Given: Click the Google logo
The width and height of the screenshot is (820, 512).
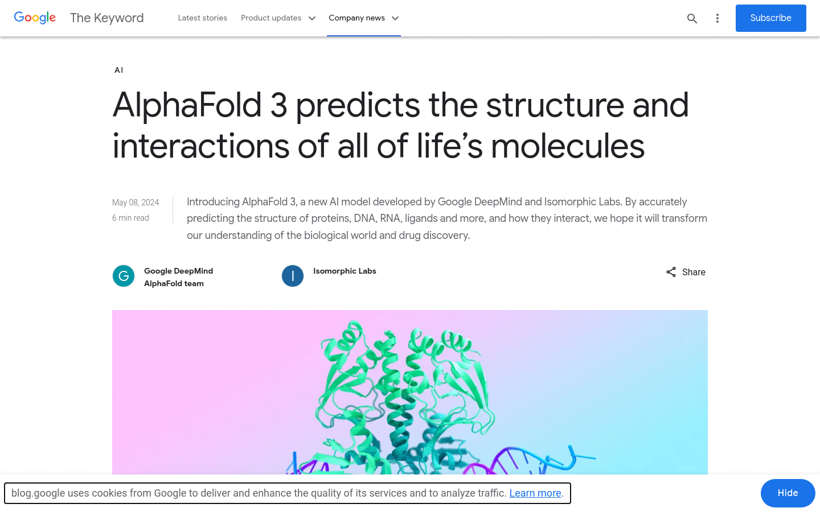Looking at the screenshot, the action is pos(35,18).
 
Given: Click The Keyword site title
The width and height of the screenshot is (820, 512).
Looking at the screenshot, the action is pos(107,18).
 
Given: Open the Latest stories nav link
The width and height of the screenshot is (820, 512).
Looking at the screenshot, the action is pos(203,18).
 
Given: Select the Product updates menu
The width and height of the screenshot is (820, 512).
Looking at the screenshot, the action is pos(278,18).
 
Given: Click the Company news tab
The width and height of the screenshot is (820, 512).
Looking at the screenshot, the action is pos(363,18).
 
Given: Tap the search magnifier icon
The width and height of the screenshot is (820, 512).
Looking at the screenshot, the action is pos(692,18).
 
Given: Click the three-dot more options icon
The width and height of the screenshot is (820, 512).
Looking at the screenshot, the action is pos(717,18).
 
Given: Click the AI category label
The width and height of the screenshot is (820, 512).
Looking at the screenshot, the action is pos(118,70).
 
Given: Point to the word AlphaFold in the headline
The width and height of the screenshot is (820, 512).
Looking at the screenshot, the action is pos(187,106).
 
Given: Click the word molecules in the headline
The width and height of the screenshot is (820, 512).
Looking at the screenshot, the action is pos(567,146).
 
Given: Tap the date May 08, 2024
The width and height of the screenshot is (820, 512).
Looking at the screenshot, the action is pos(136,203).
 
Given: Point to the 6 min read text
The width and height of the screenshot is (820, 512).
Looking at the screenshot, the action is pos(130,217).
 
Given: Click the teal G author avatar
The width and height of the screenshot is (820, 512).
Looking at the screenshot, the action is pos(124,276).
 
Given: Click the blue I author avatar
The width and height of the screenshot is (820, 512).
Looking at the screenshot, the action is pos(293,276).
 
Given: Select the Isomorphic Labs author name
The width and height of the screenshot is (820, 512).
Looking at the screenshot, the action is pos(345,271).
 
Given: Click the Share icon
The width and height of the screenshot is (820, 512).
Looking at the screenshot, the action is pos(671,272).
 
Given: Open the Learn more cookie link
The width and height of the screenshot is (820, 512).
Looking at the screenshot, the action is pos(535,493).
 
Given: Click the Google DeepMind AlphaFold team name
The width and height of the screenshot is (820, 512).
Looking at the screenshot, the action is pos(178,277).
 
